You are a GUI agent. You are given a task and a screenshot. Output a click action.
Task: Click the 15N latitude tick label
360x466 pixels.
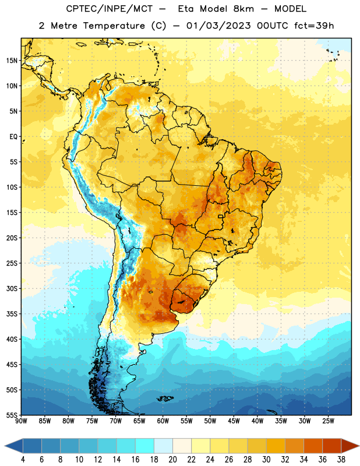12,61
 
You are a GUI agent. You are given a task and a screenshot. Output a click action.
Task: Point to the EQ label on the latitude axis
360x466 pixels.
13,137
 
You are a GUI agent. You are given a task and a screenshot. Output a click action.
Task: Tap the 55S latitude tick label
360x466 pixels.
12,415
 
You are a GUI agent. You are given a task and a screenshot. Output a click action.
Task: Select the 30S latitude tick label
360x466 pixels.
12,288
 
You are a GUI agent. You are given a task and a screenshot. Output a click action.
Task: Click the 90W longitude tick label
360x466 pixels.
21,421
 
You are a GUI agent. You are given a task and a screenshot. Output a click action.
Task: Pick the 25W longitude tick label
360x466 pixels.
328,421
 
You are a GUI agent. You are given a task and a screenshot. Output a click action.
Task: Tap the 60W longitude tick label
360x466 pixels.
163,421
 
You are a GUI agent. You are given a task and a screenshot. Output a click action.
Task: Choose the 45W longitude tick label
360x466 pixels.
234,421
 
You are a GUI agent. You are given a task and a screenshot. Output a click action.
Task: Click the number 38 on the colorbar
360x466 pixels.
341,460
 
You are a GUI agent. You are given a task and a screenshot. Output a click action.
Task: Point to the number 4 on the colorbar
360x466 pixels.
23,460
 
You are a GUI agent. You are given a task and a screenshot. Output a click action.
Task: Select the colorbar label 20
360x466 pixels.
172,460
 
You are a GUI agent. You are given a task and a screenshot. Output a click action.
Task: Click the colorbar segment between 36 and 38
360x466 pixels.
332,446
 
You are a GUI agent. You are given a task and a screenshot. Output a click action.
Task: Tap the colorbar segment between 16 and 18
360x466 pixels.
144,446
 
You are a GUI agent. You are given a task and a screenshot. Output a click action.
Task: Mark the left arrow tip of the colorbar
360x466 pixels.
5,446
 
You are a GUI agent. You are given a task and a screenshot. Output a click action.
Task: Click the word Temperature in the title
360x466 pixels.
114,26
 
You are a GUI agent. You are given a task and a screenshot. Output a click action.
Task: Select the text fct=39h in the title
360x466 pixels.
314,26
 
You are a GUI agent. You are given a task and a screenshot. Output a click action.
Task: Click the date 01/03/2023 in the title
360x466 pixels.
218,26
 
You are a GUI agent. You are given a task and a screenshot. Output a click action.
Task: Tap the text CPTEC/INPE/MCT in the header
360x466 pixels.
110,9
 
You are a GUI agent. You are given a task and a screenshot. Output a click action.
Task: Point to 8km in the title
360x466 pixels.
243,9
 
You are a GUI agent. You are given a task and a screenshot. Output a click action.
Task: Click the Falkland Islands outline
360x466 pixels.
165,398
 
